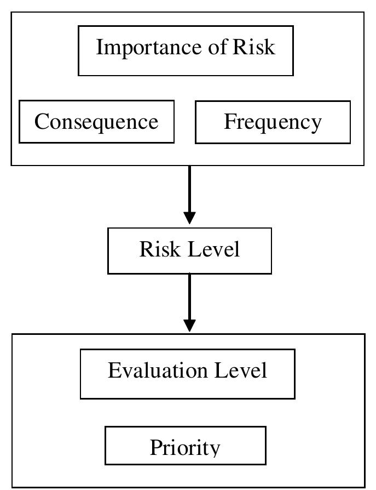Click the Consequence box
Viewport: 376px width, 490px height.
click(96, 122)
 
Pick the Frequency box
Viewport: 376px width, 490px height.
click(273, 122)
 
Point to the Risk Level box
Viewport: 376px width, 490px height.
click(189, 250)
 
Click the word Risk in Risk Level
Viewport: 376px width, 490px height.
click(160, 249)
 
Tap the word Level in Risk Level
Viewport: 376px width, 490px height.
click(214, 249)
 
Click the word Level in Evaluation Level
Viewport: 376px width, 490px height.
click(241, 371)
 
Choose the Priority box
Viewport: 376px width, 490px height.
click(185, 446)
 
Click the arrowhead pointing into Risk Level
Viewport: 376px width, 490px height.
click(189, 216)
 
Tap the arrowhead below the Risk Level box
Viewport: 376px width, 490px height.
click(189, 324)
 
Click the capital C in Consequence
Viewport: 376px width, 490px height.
click(42, 122)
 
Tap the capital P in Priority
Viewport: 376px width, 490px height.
click(156, 448)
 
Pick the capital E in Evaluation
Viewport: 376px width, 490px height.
click(114, 371)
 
